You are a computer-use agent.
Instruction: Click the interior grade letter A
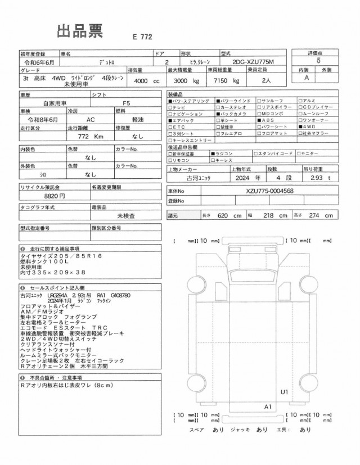click(307, 78)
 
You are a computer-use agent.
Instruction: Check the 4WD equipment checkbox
click(300, 127)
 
